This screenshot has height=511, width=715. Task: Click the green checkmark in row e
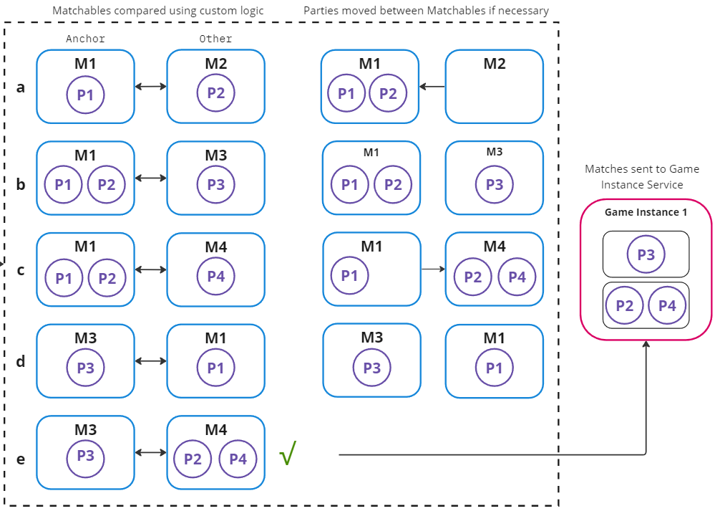(288, 453)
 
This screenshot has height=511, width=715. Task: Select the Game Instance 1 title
(646, 212)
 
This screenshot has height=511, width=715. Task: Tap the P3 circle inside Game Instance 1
(646, 254)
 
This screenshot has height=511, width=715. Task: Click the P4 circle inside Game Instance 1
(667, 306)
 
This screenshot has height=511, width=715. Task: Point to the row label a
(21, 87)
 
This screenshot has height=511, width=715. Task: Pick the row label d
(21, 362)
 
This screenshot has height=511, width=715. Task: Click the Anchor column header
(85, 39)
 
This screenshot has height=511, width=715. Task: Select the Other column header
(215, 39)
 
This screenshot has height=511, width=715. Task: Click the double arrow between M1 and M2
(150, 86)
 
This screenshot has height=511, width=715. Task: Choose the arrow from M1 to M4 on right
(432, 269)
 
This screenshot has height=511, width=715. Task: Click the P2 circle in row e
(193, 459)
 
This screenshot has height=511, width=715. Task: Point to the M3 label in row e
(85, 430)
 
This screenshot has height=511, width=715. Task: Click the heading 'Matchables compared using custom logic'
(158, 11)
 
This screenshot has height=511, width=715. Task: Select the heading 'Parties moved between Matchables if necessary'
(426, 11)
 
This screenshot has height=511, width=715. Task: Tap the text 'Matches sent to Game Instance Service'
(642, 177)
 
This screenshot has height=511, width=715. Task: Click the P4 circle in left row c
(215, 277)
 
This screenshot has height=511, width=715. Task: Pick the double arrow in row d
(150, 361)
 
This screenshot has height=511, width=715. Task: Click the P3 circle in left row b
(215, 185)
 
